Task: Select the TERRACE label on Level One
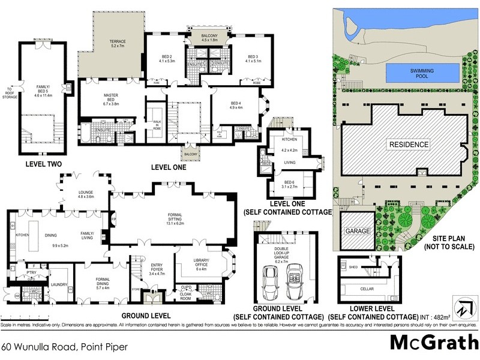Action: (x=118, y=44)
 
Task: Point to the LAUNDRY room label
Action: (x=59, y=285)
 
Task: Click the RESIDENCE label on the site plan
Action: (x=409, y=145)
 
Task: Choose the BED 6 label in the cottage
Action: (x=289, y=185)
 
